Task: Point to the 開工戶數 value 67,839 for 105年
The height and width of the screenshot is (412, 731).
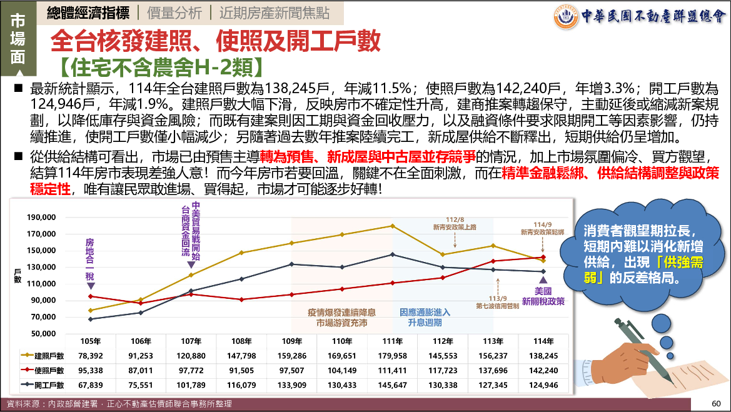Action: pos(91,384)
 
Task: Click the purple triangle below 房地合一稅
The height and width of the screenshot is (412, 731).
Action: pos(91,286)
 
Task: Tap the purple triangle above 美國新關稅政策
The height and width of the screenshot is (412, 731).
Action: pos(543,279)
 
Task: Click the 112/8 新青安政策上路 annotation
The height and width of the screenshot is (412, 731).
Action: pos(455,224)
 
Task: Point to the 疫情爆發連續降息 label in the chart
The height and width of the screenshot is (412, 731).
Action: pos(341,312)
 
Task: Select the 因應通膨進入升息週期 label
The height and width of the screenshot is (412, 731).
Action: pos(425,318)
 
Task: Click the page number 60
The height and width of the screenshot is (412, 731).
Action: pos(717,403)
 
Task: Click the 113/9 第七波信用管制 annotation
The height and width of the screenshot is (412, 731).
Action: pos(498,302)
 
